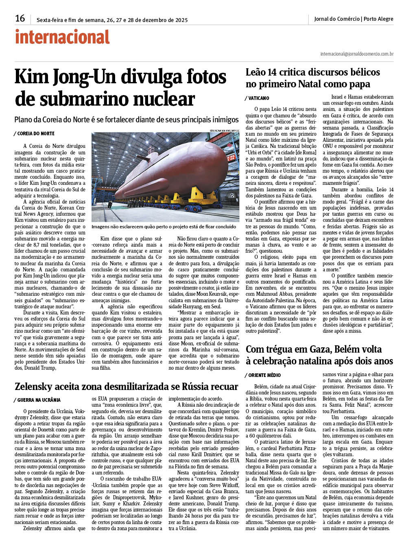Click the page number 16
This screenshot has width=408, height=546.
(20, 18)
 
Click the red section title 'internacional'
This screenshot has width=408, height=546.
(62, 37)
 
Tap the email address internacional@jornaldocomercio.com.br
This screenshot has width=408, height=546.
(356, 54)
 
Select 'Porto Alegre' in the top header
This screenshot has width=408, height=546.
(378, 19)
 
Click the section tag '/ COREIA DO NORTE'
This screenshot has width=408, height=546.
(34, 134)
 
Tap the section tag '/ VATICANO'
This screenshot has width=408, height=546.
(257, 98)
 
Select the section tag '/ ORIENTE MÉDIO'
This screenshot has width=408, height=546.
(263, 375)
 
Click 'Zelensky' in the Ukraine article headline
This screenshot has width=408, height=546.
(36, 386)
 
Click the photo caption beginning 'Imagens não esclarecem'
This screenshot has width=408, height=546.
(164, 227)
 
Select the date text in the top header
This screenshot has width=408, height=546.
(112, 19)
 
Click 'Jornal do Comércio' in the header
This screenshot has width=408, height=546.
(337, 19)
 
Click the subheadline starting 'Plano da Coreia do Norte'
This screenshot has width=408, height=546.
(126, 120)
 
